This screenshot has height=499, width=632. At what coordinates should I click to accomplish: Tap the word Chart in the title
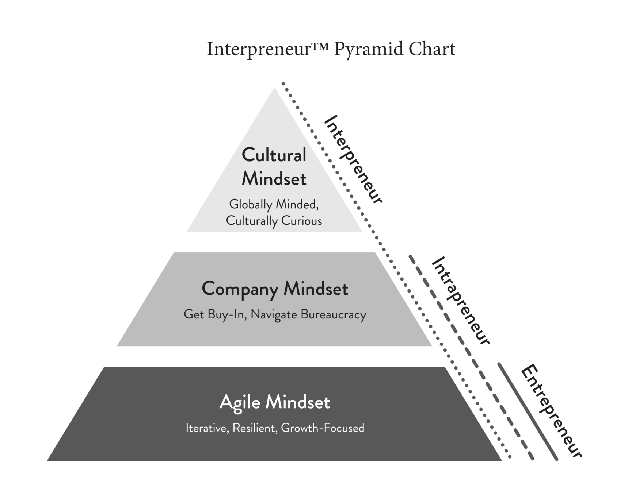click(x=432, y=49)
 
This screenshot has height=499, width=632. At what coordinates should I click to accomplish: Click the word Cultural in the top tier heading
click(x=274, y=155)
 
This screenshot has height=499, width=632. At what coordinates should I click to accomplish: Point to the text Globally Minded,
click(x=274, y=204)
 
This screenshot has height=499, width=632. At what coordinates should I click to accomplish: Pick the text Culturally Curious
click(x=274, y=221)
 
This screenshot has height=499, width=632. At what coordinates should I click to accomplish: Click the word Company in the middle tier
click(x=240, y=289)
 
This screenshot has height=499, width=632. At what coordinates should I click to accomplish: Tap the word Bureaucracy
click(x=333, y=315)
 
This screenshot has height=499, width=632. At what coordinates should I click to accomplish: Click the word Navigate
click(x=274, y=315)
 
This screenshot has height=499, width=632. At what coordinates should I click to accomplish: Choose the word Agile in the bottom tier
click(x=240, y=403)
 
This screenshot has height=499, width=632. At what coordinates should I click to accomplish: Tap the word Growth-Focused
click(x=323, y=428)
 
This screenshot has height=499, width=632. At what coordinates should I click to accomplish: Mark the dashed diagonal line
click(x=471, y=357)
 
